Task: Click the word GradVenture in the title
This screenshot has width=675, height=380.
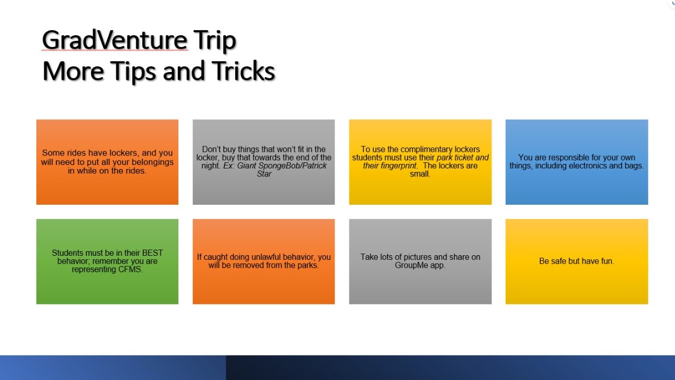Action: click(x=115, y=40)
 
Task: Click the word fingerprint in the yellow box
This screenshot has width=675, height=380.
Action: click(x=398, y=166)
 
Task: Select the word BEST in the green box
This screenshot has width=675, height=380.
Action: click(x=152, y=253)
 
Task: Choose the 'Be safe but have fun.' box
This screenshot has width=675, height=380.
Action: click(x=576, y=261)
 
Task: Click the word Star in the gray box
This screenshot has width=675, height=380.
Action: click(x=264, y=174)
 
